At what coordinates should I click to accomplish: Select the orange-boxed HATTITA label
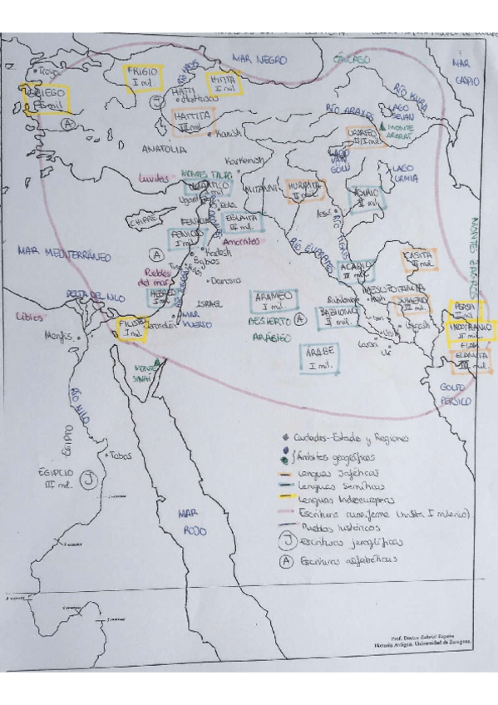click(191, 120)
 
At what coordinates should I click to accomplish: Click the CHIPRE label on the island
click(142, 221)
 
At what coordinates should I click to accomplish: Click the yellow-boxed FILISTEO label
click(131, 327)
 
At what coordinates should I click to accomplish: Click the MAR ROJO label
click(195, 521)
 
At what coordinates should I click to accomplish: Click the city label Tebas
click(121, 455)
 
